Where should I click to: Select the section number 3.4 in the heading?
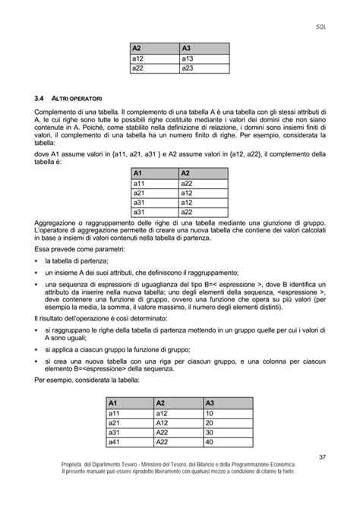[x=41, y=98]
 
